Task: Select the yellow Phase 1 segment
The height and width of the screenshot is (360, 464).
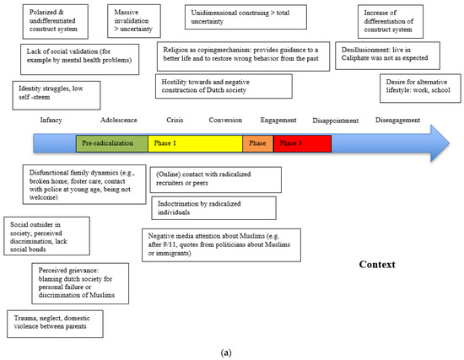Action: (194, 143)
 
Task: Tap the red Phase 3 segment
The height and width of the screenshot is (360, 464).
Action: (301, 143)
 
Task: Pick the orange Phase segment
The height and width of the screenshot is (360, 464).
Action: (257, 143)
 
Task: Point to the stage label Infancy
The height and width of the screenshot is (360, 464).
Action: (51, 120)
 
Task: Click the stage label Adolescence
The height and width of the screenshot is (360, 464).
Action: (119, 120)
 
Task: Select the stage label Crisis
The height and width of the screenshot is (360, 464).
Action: (175, 120)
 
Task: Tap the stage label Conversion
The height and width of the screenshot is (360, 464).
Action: (224, 120)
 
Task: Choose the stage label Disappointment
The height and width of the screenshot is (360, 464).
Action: (336, 120)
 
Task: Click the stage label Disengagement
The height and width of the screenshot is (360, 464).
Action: (398, 120)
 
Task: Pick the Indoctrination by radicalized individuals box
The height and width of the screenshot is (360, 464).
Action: (213, 207)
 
